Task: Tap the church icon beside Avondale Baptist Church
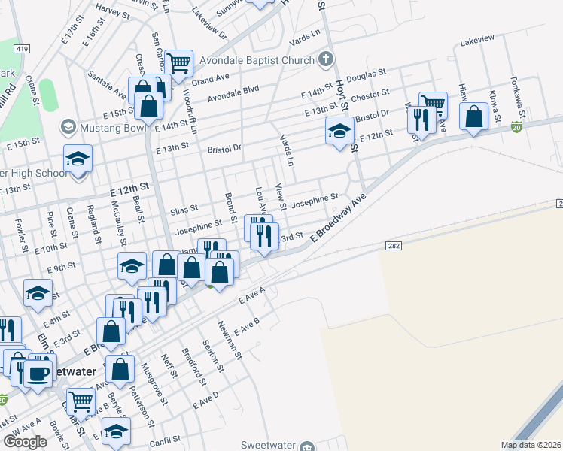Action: coord(325,58)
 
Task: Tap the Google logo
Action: coord(25,441)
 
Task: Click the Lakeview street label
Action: coord(477,38)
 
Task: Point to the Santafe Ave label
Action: coord(107,84)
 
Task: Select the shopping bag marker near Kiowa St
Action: coord(473,117)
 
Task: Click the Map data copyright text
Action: coord(531,445)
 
